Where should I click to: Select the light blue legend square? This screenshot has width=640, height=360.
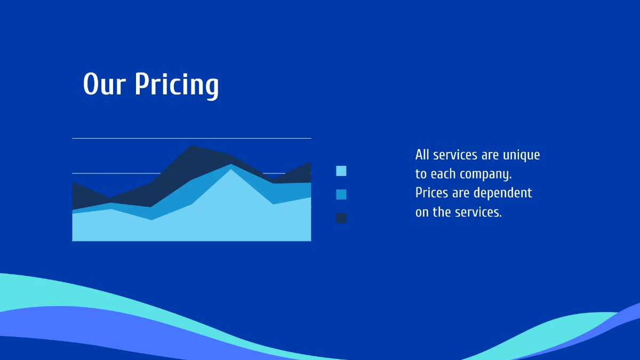point(341,171)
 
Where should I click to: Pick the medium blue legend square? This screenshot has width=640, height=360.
point(341,194)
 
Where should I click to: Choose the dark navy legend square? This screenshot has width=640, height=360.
point(341,218)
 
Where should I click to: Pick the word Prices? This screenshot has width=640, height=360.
point(432,193)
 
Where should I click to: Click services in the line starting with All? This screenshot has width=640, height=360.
point(455,155)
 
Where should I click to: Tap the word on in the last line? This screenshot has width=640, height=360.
point(422,212)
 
